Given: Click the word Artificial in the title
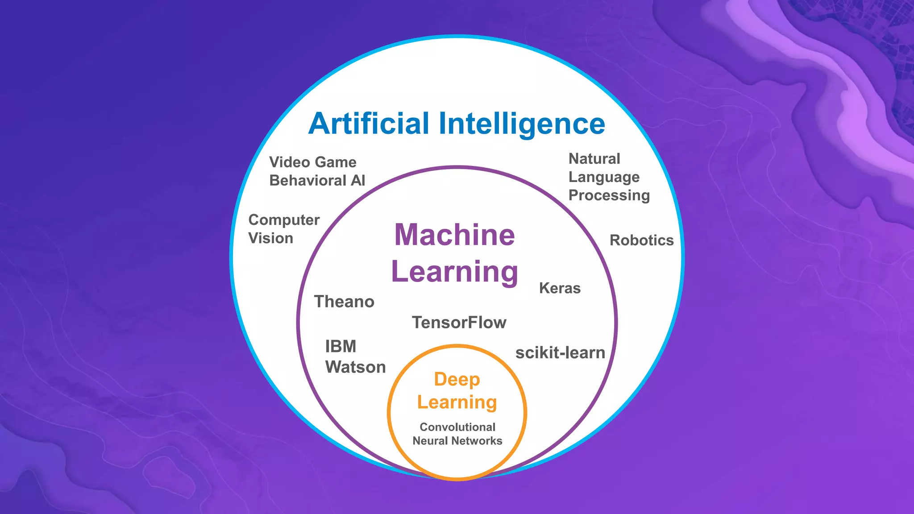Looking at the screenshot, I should (369, 124).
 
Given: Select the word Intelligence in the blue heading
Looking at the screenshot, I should (522, 124).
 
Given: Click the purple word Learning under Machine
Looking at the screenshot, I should (454, 272).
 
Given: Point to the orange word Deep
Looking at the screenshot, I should (457, 379).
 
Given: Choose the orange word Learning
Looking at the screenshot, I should (457, 402).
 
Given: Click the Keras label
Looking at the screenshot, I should (560, 288).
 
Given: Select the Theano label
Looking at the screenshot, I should (344, 302).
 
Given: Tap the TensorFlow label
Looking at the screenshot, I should (459, 323).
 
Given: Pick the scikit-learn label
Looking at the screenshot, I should (560, 353).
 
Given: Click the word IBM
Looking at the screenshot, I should (341, 346).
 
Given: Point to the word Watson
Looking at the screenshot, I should (355, 367).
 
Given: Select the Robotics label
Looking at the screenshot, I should (641, 240).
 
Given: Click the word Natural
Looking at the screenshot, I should (594, 159).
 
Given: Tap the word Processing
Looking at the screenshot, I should (609, 195).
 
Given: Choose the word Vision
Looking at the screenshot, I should (270, 238).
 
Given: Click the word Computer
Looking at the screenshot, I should (284, 220).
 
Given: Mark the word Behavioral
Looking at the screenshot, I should (308, 180).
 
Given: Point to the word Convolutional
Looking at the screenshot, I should (457, 427).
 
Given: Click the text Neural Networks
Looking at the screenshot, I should (457, 441).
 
